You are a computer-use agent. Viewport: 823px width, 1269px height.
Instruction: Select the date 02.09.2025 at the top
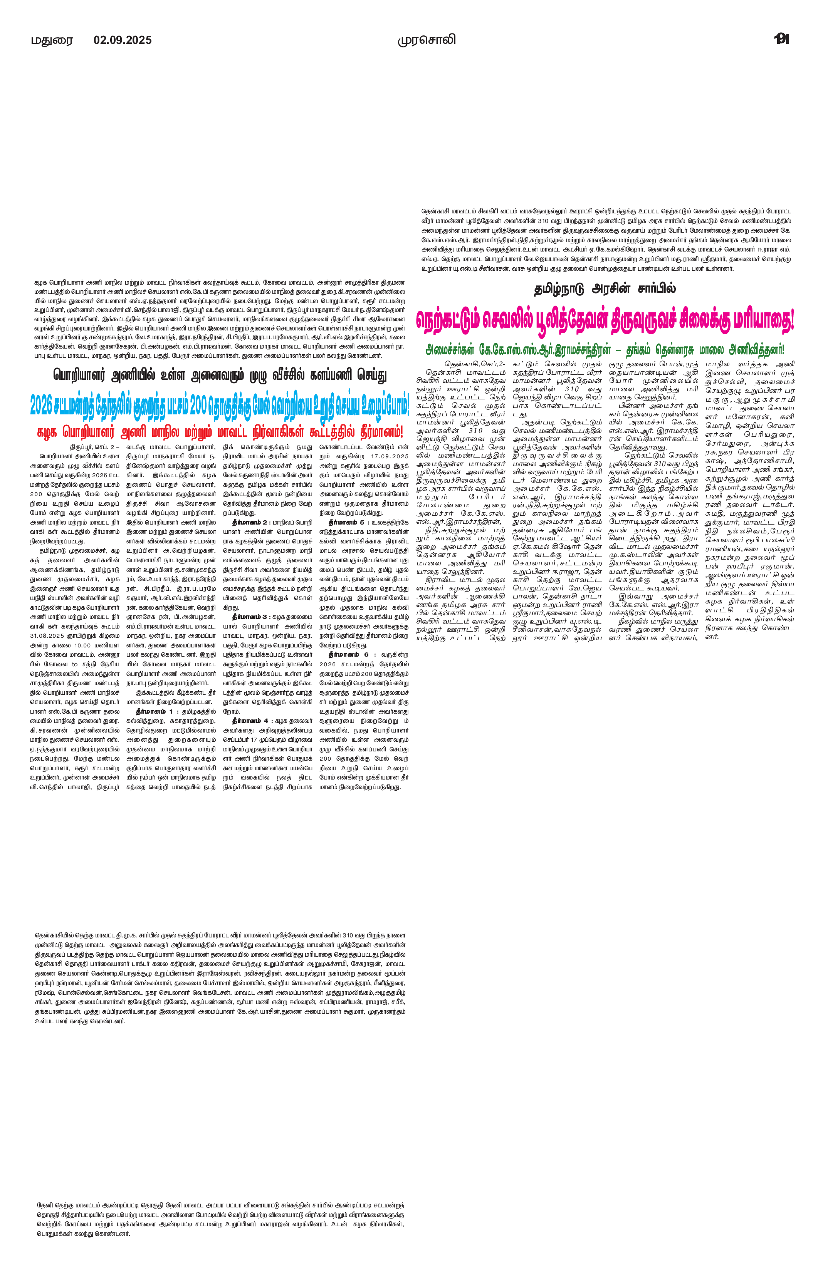tap(123, 40)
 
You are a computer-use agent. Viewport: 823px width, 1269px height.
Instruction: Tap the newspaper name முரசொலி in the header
tap(427, 40)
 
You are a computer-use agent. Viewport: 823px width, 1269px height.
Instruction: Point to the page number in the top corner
tap(781, 39)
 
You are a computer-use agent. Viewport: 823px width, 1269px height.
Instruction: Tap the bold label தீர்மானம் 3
tap(251, 616)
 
